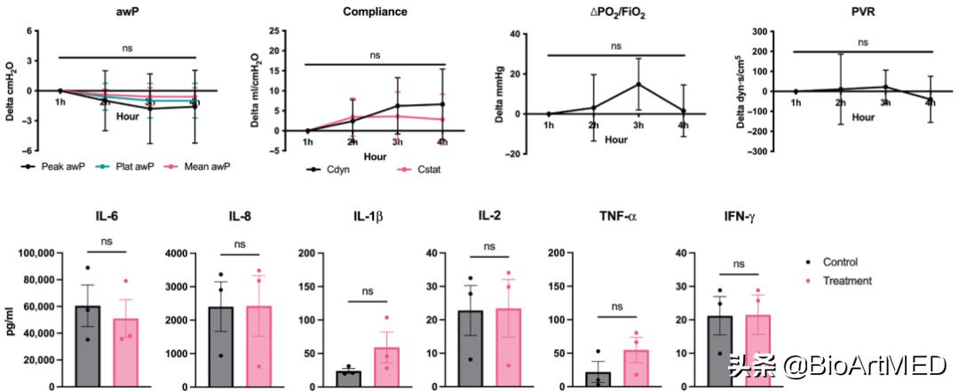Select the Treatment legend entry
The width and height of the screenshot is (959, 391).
(846, 281)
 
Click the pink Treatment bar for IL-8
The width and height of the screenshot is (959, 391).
(257, 347)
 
